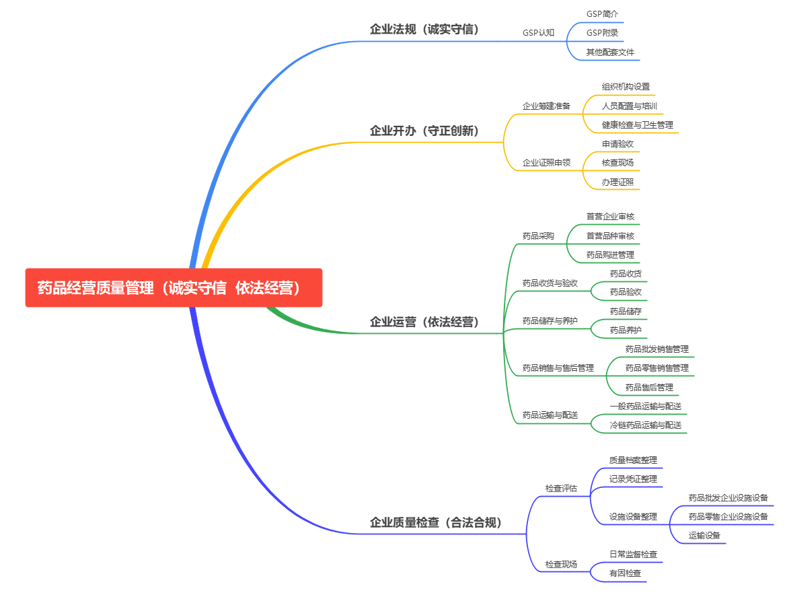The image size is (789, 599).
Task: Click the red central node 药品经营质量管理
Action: pyautogui.click(x=174, y=288)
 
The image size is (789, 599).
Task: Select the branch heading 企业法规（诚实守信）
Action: pyautogui.click(x=424, y=30)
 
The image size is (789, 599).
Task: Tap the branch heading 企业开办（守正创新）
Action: pyautogui.click(x=424, y=131)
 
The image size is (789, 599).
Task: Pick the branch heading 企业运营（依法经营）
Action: pyautogui.click(x=424, y=322)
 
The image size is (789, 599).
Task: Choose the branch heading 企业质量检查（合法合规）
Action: pyautogui.click(x=436, y=522)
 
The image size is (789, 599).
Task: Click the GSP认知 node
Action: pyautogui.click(x=538, y=32)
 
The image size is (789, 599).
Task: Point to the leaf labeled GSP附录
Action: pyautogui.click(x=602, y=32)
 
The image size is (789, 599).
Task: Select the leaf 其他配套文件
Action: pyautogui.click(x=610, y=52)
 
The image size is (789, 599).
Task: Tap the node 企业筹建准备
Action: pyautogui.click(x=546, y=106)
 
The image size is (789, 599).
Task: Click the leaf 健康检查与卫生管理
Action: pyautogui.click(x=637, y=125)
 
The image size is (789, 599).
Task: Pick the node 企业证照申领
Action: pyautogui.click(x=546, y=162)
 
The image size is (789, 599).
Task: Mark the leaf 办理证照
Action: pyautogui.click(x=617, y=182)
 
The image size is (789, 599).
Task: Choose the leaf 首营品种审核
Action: pyautogui.click(x=610, y=236)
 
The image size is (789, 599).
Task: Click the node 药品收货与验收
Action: pyautogui.click(x=550, y=283)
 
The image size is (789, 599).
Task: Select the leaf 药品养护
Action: pyautogui.click(x=626, y=330)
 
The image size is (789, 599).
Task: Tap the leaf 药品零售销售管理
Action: pyautogui.click(x=656, y=368)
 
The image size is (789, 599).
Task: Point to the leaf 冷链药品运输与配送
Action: pyautogui.click(x=645, y=425)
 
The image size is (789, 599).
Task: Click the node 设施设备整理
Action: pyautogui.click(x=633, y=517)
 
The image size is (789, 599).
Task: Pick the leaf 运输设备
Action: pyautogui.click(x=704, y=536)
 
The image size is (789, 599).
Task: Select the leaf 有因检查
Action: pyautogui.click(x=625, y=573)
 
